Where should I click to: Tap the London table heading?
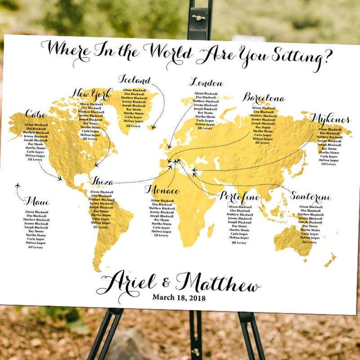coord(206,83)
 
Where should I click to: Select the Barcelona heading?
coord(264,98)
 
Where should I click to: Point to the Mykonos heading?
coord(330,119)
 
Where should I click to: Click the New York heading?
coord(91,94)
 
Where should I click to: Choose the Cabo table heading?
coord(36,114)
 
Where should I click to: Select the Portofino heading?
coord(240,197)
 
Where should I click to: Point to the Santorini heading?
coord(310,197)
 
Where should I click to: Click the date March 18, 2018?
coord(179,297)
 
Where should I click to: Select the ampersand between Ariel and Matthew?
coord(166,283)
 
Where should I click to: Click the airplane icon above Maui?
coord(18,185)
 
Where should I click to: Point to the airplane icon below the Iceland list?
coord(153,127)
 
